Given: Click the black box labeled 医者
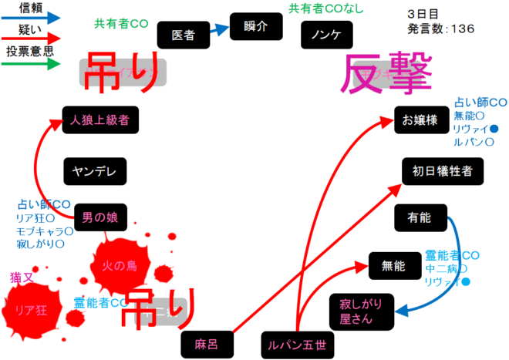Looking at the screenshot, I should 183,35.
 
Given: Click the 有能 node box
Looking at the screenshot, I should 420,218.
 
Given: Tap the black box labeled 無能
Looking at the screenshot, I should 393,266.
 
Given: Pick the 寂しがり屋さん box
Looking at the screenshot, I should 361,309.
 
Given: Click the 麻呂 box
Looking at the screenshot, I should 206,345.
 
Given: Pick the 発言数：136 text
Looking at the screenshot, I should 440,29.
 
